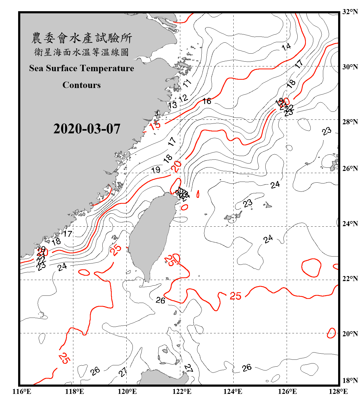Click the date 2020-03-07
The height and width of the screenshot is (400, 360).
[x=87, y=129]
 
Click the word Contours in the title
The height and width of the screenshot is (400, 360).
[x=82, y=85]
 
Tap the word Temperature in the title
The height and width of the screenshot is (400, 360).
[x=106, y=68]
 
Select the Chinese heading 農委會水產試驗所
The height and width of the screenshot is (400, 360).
[x=82, y=38]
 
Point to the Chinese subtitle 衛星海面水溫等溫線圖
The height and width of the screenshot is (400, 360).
[x=82, y=52]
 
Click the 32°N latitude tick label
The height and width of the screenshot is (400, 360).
[x=350, y=12]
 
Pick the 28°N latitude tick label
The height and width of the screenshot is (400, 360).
[x=350, y=122]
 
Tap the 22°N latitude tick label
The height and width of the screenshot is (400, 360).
[x=350, y=279]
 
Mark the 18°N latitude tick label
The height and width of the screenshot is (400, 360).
[x=350, y=381]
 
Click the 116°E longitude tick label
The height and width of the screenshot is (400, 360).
[x=22, y=391]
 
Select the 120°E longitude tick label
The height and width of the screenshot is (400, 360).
[x=127, y=391]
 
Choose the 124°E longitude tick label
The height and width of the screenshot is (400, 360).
[x=233, y=391]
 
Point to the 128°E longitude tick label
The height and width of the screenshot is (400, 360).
[x=338, y=391]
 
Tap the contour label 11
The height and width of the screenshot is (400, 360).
[x=187, y=83]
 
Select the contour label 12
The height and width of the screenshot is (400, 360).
[x=183, y=98]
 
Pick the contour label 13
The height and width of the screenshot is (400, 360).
[x=173, y=105]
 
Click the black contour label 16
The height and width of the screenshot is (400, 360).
[x=207, y=101]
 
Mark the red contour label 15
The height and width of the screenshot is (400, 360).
[x=155, y=125]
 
